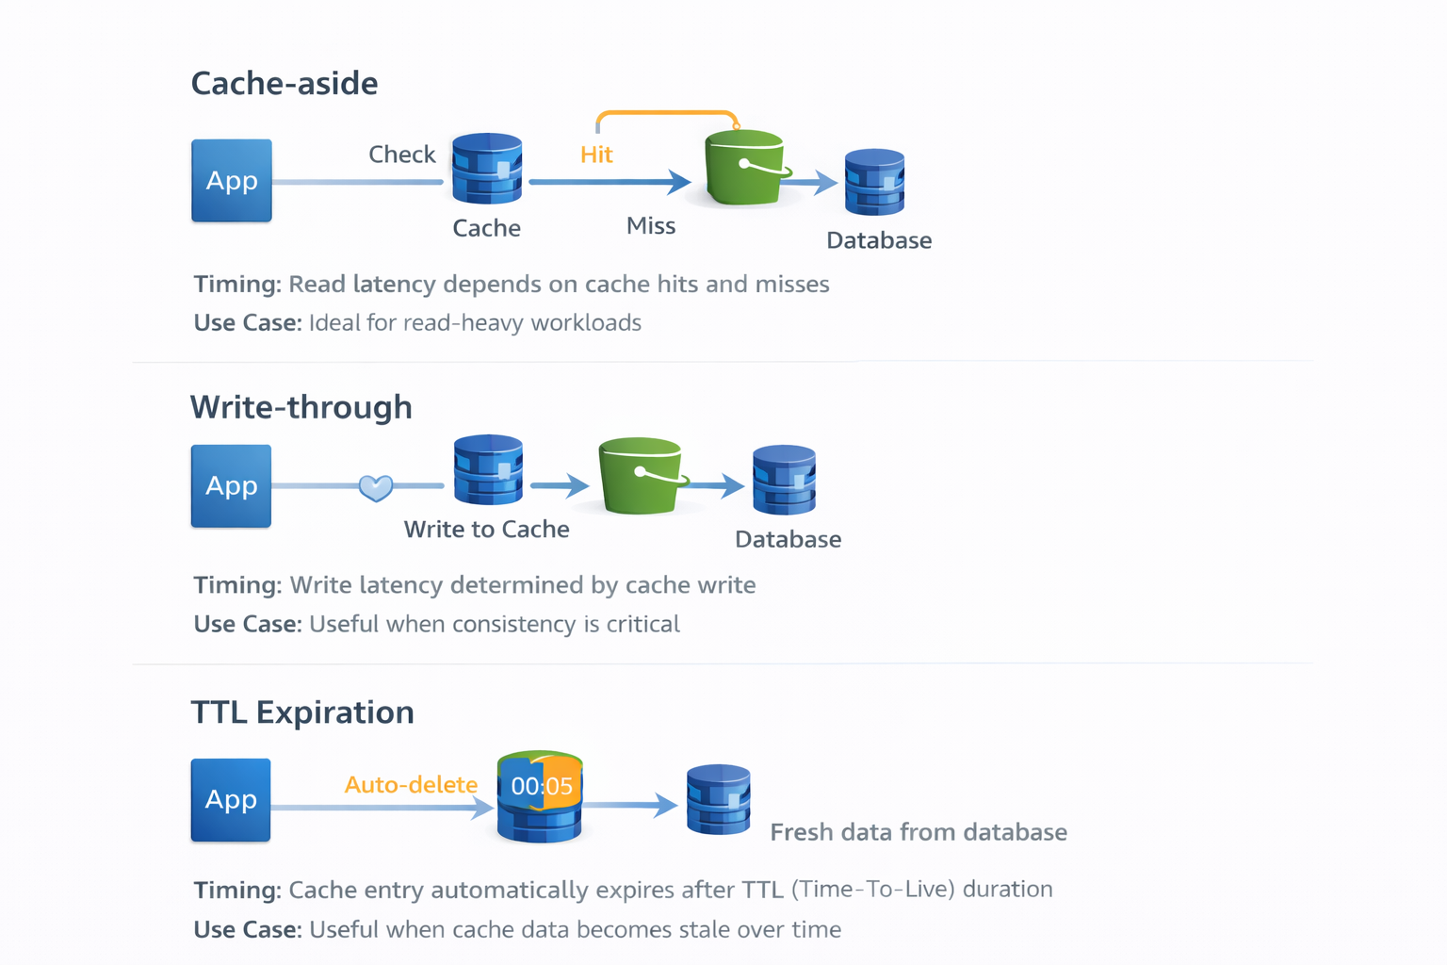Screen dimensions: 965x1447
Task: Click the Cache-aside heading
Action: [x=285, y=84]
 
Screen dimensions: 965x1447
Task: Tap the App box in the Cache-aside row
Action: [x=232, y=181]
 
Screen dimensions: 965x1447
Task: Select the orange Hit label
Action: [x=596, y=155]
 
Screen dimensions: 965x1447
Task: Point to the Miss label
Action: [x=651, y=226]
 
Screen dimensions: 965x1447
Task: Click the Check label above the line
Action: [x=401, y=155]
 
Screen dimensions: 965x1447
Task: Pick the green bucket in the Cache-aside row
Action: [x=744, y=170]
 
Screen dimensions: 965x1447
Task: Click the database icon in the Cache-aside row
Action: [x=874, y=182]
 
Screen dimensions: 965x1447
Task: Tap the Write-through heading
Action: [x=301, y=407]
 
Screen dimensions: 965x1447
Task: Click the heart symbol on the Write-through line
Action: [x=376, y=487]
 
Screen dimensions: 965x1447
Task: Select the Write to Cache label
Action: [x=486, y=530]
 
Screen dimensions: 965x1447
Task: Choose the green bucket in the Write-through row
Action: [x=641, y=476]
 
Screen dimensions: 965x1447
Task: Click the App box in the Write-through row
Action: [x=231, y=486]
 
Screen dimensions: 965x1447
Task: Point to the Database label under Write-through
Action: [x=788, y=540]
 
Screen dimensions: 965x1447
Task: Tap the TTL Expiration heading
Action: [x=302, y=712]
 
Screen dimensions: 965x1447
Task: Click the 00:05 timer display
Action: [x=542, y=786]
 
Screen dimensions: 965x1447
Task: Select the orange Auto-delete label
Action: [x=411, y=785]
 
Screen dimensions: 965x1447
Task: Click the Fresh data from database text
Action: [x=919, y=832]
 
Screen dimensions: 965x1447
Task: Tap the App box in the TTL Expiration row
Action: [x=231, y=800]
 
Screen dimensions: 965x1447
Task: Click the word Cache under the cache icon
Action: [x=486, y=228]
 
